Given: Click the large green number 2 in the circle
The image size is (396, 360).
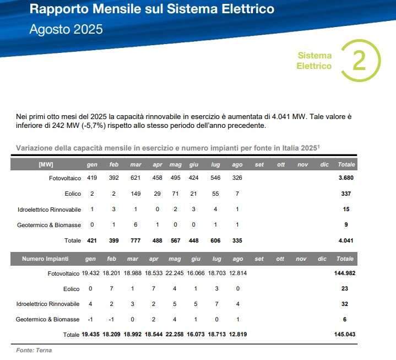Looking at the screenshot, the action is pyautogui.click(x=359, y=61).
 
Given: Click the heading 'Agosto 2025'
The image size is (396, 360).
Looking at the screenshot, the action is pyautogui.click(x=66, y=29).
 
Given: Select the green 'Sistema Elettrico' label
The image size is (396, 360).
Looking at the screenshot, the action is pyautogui.click(x=314, y=61).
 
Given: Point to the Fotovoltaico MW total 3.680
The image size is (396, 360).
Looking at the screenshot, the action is pyautogui.click(x=346, y=178).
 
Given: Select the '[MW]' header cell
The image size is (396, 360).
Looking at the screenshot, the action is pyautogui.click(x=46, y=164).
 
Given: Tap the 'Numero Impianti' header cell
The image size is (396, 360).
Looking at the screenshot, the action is pyautogui.click(x=46, y=259).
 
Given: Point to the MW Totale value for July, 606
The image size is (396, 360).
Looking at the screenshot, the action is pyautogui.click(x=216, y=240).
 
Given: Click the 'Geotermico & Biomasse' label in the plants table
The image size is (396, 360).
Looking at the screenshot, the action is pyautogui.click(x=48, y=319).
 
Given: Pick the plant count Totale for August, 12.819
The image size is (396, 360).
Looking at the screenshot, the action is pyautogui.click(x=238, y=335).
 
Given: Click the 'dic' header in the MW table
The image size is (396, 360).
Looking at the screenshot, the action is pyautogui.click(x=323, y=164).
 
